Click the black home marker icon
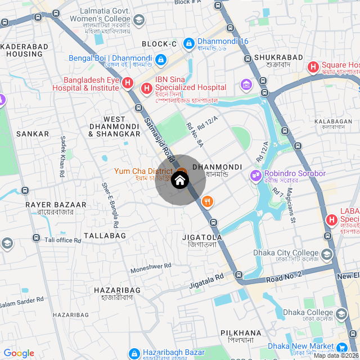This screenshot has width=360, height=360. click(x=180, y=180)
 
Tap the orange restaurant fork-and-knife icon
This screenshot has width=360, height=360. click(x=208, y=201)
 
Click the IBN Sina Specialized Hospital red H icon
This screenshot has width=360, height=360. click(x=146, y=88)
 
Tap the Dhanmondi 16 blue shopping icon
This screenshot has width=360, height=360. click(x=189, y=42)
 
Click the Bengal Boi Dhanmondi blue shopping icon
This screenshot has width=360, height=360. click(x=161, y=58)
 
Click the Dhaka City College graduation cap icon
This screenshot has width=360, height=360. click(x=327, y=254)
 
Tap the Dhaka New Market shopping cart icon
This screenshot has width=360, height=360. click(x=341, y=346)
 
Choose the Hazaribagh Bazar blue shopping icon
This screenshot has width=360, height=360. click(x=134, y=353)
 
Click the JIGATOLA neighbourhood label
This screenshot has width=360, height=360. click(x=202, y=237)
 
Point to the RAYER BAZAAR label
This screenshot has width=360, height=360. click(x=56, y=205)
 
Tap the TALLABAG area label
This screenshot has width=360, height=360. click(x=105, y=236)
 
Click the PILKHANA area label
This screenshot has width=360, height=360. click(x=241, y=333)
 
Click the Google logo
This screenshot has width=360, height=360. click(x=19, y=353)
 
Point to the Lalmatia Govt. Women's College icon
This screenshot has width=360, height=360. click(x=139, y=20)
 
